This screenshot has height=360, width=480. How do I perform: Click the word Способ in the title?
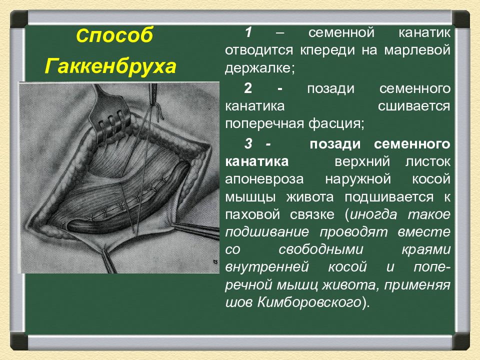(114, 36)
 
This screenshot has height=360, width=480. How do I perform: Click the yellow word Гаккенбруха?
(110, 66)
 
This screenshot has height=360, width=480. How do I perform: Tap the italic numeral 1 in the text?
(248, 32)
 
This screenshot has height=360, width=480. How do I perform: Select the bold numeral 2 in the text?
(248, 88)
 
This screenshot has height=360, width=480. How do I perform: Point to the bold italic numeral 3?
(248, 144)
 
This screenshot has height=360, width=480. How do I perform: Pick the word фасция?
(336, 124)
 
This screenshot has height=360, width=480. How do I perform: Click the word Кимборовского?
(309, 302)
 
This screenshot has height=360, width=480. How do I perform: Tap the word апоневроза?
(264, 179)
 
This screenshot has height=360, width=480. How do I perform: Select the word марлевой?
(417, 50)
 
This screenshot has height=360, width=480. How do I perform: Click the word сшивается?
(414, 106)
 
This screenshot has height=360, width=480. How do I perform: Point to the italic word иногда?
(373, 214)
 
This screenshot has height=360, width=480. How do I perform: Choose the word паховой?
(252, 214)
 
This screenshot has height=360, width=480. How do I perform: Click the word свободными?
(321, 249)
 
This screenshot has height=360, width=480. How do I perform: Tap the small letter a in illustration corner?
(214, 261)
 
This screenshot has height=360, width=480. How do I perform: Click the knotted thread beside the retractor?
(158, 111)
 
